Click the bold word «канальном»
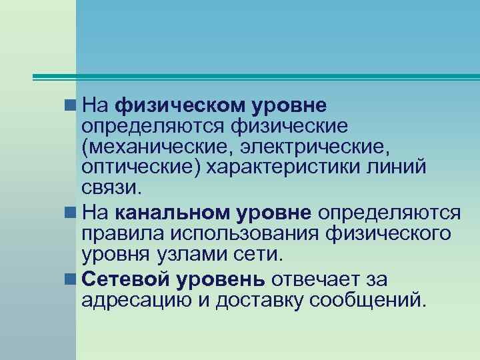click(x=173, y=213)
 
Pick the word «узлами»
click(x=201, y=254)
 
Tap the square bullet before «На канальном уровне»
click(x=69, y=213)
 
